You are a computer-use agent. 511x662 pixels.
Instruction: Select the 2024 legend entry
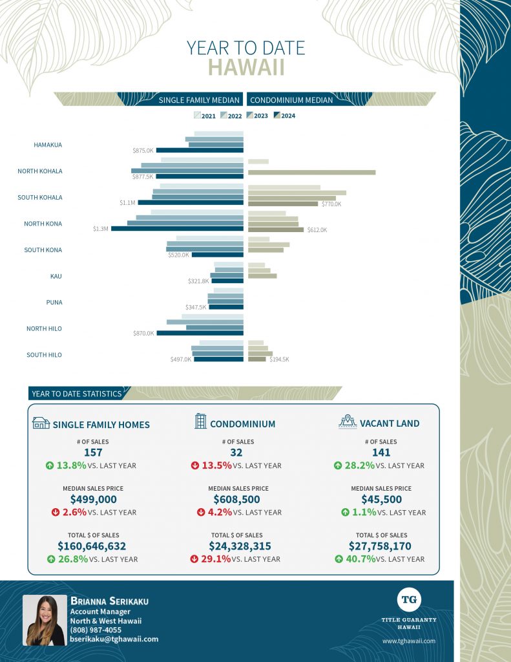coord(284,116)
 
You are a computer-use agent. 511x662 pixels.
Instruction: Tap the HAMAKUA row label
coord(48,145)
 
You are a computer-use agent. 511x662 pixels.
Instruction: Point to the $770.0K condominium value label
coord(331,204)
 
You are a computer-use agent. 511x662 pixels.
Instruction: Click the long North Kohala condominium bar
coord(311,172)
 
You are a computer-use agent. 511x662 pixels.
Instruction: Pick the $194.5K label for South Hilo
coord(279,359)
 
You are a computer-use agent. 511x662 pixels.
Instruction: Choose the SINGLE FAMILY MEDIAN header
coord(200,100)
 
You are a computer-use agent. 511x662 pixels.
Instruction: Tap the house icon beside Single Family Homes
coord(41,423)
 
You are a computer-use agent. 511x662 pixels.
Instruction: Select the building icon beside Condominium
coord(200,422)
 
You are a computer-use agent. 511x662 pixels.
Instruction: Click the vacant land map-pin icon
coord(348,422)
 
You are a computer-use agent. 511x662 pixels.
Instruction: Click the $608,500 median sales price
coord(236,499)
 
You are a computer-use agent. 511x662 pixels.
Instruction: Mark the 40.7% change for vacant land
coord(362,559)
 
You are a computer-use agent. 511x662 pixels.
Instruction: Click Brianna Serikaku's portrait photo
coord(45,621)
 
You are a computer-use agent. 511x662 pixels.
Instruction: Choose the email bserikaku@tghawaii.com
coord(114,639)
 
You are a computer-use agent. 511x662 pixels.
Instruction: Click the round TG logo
coord(409,599)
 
